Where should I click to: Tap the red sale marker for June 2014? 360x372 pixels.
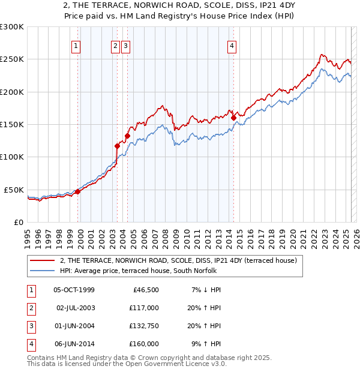233,118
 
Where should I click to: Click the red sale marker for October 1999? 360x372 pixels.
77,192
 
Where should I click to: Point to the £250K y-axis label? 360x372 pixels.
12,59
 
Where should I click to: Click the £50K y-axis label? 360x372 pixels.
14,190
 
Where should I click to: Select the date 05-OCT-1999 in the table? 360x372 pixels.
74,290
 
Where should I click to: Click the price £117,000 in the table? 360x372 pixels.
144,308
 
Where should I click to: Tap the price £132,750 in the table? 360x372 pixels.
144,326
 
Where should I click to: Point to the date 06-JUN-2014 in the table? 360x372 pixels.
74,344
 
